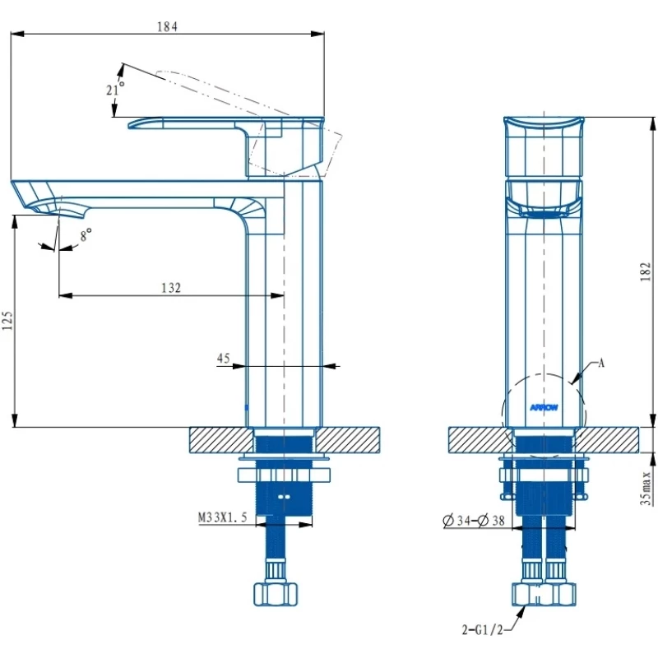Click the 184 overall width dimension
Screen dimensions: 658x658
point(167,25)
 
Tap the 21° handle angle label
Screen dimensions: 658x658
point(115,88)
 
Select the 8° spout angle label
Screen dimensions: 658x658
point(85,236)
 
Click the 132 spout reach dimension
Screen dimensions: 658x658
point(170,287)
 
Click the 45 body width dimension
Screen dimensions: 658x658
point(223,358)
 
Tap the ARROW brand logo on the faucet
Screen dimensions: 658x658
point(544,405)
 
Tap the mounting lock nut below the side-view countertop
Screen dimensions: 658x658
point(284,475)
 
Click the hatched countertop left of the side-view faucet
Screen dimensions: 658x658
point(218,439)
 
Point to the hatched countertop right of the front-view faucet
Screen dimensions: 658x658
point(613,439)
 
